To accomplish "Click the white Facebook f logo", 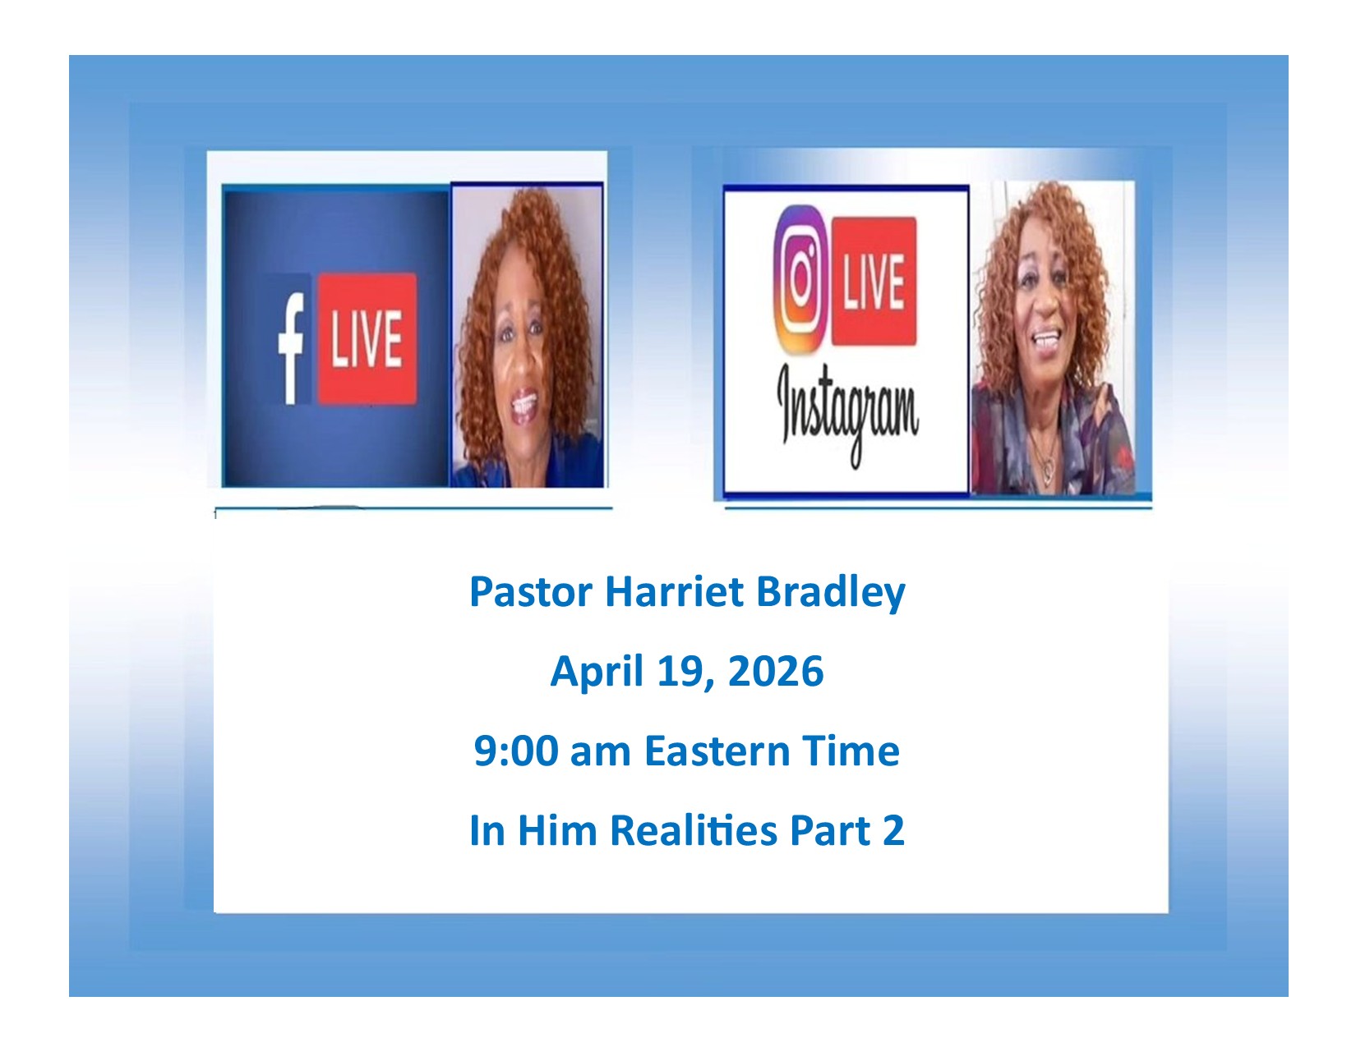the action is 290,348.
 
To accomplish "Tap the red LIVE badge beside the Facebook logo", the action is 367,338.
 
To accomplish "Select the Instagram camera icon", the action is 801,278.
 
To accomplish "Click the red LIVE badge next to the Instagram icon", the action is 874,281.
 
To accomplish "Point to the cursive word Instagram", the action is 847,411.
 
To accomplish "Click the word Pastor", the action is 530,591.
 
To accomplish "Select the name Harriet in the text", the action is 674,591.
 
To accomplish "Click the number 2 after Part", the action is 893,830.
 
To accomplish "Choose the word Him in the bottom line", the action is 557,830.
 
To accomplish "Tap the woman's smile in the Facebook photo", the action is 525,403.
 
